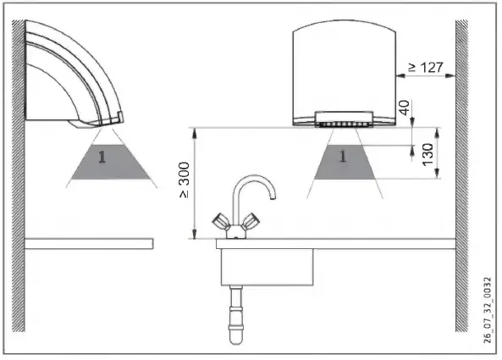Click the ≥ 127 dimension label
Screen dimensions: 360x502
tap(426, 67)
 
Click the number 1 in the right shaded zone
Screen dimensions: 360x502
tap(343, 157)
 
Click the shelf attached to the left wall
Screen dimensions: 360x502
tap(88, 243)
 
